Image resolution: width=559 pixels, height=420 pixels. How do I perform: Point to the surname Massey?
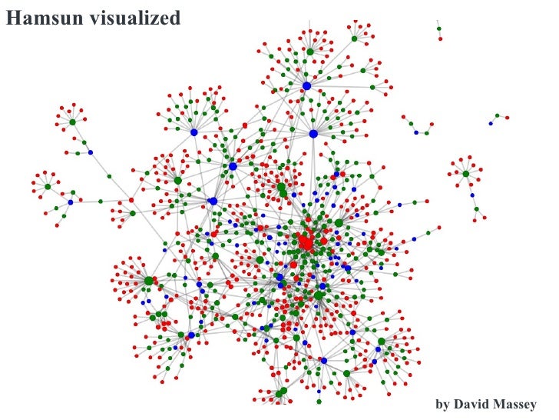click(x=518, y=404)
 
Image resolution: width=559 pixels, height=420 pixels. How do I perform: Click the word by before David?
click(x=442, y=404)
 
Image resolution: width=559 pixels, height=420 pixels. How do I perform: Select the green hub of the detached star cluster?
click(x=465, y=174)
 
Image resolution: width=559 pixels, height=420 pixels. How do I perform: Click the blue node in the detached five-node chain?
click(x=417, y=132)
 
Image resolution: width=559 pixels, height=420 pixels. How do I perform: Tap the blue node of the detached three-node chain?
click(x=491, y=123)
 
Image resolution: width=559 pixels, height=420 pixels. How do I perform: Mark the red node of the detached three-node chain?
click(x=507, y=116)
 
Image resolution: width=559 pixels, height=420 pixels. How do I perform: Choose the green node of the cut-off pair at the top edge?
click(x=439, y=28)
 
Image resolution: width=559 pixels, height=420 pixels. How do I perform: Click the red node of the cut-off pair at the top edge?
click(x=442, y=38)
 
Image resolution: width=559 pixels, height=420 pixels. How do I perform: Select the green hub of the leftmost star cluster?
click(x=47, y=187)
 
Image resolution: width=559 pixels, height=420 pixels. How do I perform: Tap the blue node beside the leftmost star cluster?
click(x=70, y=202)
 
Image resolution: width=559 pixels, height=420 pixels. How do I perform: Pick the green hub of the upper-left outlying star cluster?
click(x=72, y=122)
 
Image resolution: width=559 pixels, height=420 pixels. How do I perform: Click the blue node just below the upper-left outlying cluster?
click(x=90, y=152)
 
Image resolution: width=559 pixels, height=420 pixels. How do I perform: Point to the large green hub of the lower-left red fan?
click(x=149, y=281)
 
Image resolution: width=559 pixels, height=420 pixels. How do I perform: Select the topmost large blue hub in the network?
click(x=306, y=85)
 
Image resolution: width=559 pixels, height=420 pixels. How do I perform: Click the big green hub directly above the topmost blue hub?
click(x=310, y=52)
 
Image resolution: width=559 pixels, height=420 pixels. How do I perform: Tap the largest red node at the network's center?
click(x=306, y=242)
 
